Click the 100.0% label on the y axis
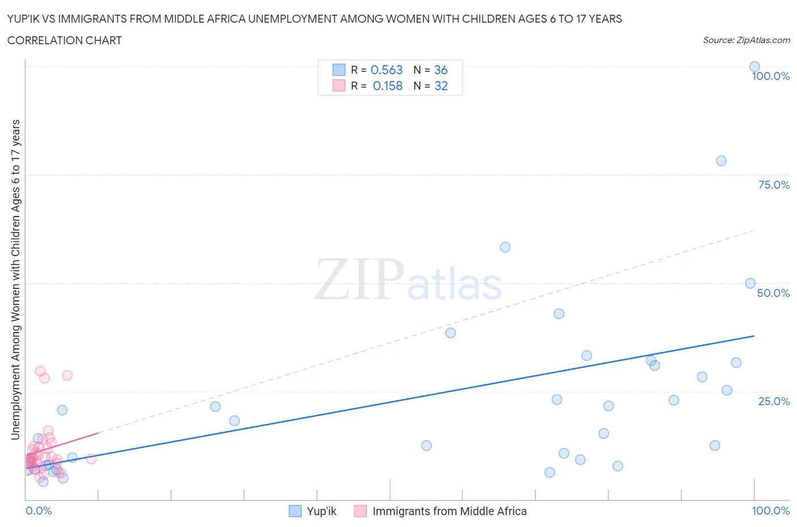770,76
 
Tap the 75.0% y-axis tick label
774,185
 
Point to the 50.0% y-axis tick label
773,293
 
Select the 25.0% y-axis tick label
774,401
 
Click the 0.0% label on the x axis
39,511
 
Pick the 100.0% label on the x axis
770,511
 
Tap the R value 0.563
387,70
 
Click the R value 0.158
388,86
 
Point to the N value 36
440,70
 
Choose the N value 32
440,86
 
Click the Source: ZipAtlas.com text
746,40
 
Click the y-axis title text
15,279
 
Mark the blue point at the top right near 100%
754,67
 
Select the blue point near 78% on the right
721,161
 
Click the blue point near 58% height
505,247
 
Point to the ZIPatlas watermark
408,280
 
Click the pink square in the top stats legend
338,86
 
